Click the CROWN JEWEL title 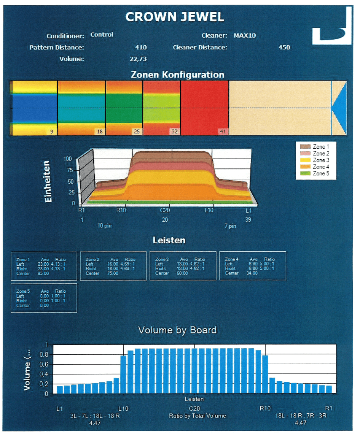(175, 17)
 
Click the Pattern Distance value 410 (141, 48)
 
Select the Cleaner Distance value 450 (284, 48)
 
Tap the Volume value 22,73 (138, 59)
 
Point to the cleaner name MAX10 (245, 36)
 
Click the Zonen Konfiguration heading (177, 75)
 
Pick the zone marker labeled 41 (223, 132)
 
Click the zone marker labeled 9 (51, 132)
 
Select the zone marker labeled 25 (136, 132)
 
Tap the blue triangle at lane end (340, 108)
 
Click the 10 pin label (105, 226)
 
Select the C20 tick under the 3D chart (165, 210)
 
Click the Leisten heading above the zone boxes (169, 240)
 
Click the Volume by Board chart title (177, 330)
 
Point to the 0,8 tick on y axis (45, 354)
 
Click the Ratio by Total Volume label (197, 416)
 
